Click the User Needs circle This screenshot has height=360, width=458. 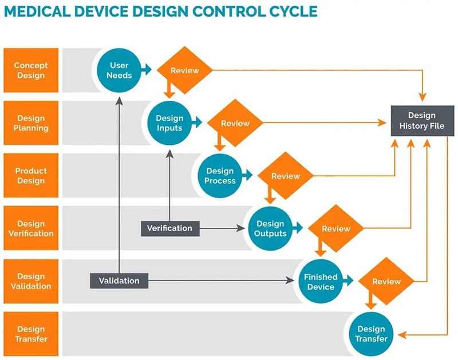click(120, 70)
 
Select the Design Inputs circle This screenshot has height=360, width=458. click(169, 123)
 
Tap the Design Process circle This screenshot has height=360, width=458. click(220, 176)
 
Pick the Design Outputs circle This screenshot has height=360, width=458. click(270, 228)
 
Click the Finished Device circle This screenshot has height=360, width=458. click(321, 281)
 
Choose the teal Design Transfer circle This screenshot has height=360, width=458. click(371, 333)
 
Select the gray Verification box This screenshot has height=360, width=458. click(169, 228)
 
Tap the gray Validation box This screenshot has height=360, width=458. click(119, 280)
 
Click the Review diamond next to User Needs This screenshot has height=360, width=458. click(185, 70)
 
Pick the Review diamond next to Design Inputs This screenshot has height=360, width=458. click(235, 123)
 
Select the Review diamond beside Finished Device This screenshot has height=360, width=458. click(386, 281)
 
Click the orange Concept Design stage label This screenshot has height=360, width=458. click(31, 70)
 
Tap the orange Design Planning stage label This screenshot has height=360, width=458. click(31, 123)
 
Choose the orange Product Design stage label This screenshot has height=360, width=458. click(31, 176)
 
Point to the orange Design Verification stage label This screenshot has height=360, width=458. click(31, 228)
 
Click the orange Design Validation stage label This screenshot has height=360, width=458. click(31, 281)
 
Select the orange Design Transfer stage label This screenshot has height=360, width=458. click(31, 334)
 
